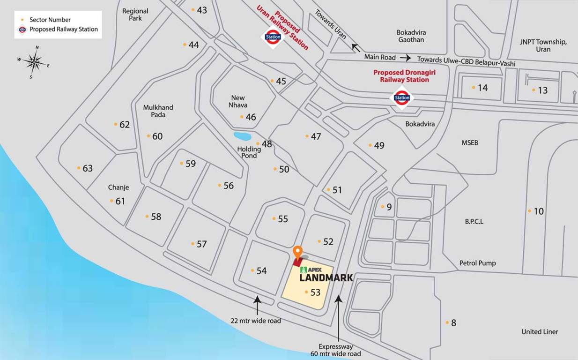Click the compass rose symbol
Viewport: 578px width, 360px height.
click(x=34, y=61)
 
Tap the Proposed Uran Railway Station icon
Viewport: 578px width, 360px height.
click(x=273, y=37)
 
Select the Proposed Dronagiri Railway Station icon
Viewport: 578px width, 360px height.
click(x=402, y=98)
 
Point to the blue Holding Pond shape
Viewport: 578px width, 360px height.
click(x=242, y=136)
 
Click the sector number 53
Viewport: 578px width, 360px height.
click(x=315, y=292)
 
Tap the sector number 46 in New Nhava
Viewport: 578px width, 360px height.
click(x=251, y=117)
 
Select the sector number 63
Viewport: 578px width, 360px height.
click(x=88, y=168)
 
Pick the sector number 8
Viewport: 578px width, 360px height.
click(x=453, y=322)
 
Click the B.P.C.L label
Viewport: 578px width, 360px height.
click(x=474, y=221)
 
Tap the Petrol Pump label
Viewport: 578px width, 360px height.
click(x=477, y=263)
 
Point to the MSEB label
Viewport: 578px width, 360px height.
click(x=470, y=142)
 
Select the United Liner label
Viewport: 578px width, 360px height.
click(x=540, y=332)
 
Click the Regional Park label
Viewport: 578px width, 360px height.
click(x=135, y=15)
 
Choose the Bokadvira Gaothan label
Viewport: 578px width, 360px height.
click(x=410, y=36)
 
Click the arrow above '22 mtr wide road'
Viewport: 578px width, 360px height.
click(x=257, y=305)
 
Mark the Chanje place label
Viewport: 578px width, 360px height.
click(x=119, y=187)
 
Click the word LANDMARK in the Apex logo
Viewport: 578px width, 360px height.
click(x=326, y=278)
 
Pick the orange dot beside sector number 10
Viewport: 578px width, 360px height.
click(x=530, y=211)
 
